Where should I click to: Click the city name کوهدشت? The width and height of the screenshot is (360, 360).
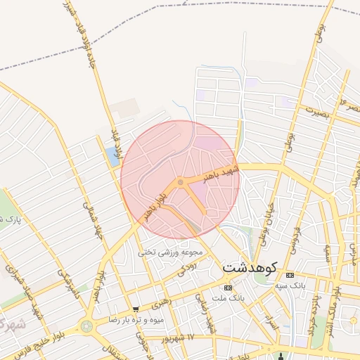click(250, 268)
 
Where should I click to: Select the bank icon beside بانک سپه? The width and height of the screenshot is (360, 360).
click(289, 274)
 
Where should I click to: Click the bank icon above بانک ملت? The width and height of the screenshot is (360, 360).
click(227, 288)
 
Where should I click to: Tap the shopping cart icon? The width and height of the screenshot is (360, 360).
click(136, 309)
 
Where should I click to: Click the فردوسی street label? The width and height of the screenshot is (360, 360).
click(295, 238)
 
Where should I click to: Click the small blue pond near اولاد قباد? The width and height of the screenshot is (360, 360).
click(112, 157)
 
